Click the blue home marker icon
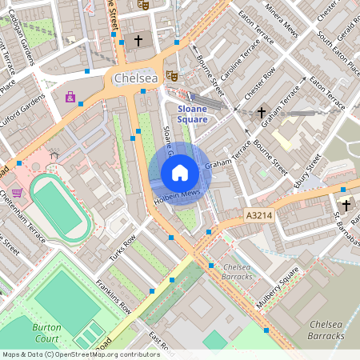click(x=180, y=172)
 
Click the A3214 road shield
click(x=259, y=215)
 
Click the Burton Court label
click(x=46, y=333)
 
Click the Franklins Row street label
click(x=113, y=294)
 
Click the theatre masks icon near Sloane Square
click(x=171, y=75)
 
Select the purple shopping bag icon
click(x=70, y=98)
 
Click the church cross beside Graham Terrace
click(x=262, y=114)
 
